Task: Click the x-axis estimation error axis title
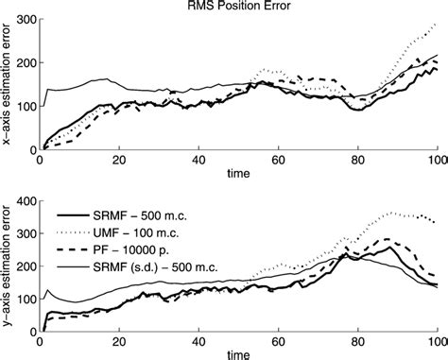tap(9, 86)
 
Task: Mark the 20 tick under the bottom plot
tap(119, 341)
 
